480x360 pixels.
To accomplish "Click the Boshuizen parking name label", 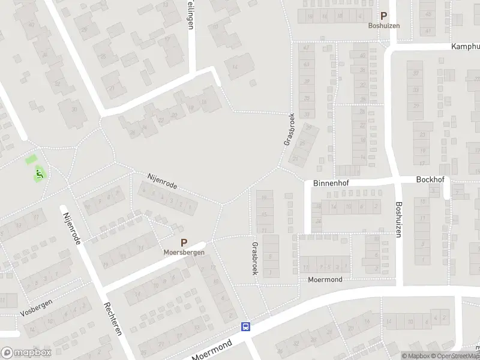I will (x=383, y=26).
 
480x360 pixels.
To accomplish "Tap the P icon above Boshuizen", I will (x=383, y=16).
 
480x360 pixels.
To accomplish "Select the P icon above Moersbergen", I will (x=184, y=243).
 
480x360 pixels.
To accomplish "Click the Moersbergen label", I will (x=184, y=253).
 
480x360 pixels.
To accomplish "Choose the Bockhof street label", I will (x=430, y=179).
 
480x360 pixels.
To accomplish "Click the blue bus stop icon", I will (x=245, y=327).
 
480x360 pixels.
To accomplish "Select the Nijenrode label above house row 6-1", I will (x=162, y=180).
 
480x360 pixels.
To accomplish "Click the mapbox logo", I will (x=25, y=353).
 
